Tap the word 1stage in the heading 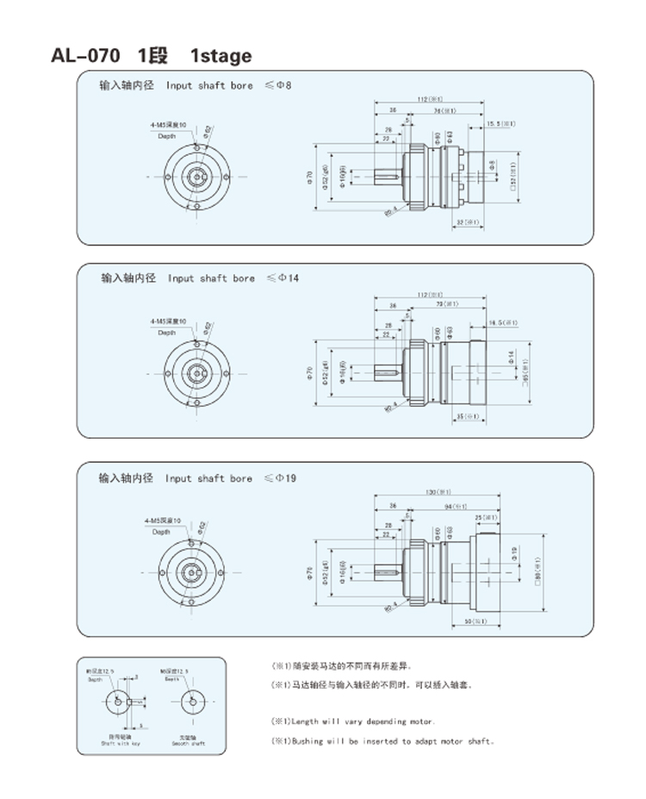click(221, 56)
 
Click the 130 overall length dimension click(436, 492)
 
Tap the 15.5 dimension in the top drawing click(501, 124)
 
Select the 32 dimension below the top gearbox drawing click(465, 222)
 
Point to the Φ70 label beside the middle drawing click(308, 373)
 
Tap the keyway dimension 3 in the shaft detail click(136, 678)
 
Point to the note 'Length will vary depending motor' click(354, 721)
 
